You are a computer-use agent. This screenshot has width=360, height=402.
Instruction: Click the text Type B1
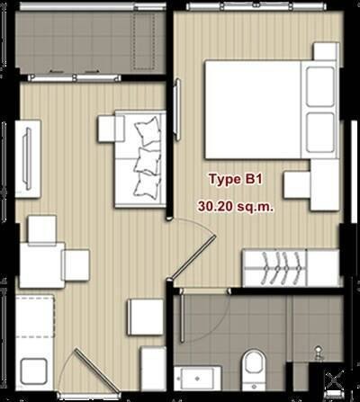(236, 179)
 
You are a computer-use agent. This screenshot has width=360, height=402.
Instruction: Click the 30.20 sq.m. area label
(236, 206)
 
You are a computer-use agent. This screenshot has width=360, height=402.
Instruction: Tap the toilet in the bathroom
(254, 365)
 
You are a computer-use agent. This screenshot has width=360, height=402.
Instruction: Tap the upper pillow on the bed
(320, 86)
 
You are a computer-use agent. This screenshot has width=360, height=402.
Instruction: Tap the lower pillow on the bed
(320, 132)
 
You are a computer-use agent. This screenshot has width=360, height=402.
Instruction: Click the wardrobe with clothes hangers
(291, 268)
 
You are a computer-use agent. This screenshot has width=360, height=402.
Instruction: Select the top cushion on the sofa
(148, 131)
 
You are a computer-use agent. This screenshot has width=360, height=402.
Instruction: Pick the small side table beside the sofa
(111, 129)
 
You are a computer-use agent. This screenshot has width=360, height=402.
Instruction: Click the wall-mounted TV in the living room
(28, 158)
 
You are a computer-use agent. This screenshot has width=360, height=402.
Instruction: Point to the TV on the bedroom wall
(177, 109)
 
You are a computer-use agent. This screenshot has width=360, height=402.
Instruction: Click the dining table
(42, 265)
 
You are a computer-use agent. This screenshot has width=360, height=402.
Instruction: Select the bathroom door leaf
(182, 315)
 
